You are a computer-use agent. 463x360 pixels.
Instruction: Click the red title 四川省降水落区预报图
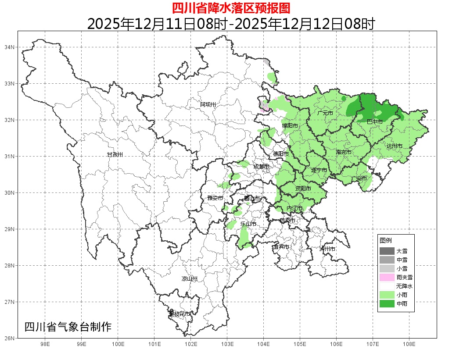pos(231,8)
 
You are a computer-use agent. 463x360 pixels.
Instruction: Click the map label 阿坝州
pos(208,104)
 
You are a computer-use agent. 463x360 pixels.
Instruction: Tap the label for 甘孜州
pos(115,155)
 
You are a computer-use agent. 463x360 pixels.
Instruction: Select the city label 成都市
pos(262,167)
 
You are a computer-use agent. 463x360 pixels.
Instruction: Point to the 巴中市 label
pos(374,121)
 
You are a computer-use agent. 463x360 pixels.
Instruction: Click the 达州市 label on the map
pos(395,146)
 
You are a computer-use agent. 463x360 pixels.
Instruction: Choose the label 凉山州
pos(190,279)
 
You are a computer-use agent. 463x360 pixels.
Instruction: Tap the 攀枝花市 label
pos(179,314)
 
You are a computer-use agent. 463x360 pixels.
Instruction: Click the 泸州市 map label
pos(327,249)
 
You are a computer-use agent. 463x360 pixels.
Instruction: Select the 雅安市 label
pos(215,198)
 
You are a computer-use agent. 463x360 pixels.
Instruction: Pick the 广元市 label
pos(325,113)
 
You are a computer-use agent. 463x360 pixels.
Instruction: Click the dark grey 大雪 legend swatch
pos(387,251)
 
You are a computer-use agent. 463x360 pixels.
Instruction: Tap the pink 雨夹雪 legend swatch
pos(387,277)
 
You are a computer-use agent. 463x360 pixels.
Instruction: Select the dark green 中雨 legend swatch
pos(387,303)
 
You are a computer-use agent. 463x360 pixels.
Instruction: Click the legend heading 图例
pos(386,241)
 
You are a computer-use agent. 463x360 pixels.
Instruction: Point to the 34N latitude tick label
pos(10,47)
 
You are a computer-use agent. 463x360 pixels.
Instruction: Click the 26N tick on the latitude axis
pos(10,338)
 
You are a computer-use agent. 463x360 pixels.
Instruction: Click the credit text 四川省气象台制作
pos(68,327)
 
